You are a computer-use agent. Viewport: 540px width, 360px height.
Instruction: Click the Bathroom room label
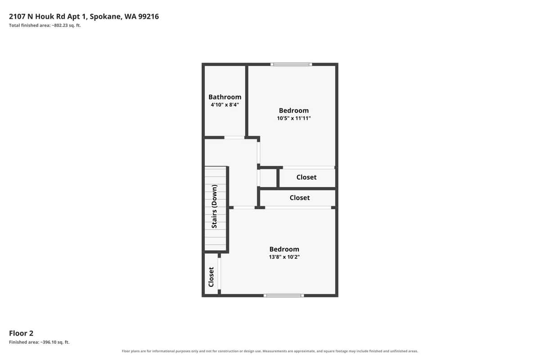225,97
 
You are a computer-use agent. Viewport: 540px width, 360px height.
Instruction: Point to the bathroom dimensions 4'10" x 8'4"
225,105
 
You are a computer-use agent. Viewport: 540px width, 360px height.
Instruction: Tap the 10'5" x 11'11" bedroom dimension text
293,118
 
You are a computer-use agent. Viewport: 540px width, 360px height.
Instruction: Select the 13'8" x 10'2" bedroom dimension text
284,257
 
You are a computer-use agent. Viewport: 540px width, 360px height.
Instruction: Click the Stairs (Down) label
214,207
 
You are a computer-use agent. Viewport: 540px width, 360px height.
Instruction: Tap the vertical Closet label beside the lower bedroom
211,277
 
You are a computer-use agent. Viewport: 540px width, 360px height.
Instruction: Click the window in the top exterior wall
291,64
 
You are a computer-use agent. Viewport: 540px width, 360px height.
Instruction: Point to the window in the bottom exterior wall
284,295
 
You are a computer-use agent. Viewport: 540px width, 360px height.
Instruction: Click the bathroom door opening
234,138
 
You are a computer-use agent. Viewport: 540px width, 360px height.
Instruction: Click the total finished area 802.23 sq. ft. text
45,25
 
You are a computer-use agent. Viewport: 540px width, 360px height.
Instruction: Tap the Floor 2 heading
21,333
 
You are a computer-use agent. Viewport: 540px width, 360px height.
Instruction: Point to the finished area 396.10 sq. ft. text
39,342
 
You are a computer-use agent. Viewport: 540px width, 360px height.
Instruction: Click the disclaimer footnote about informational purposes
270,351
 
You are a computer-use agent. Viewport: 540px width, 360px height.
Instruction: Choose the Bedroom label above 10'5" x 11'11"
293,110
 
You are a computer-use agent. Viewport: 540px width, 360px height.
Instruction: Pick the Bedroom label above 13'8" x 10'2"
284,249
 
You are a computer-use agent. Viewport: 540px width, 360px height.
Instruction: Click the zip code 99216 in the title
148,16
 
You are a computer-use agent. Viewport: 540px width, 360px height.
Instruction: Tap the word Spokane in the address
105,16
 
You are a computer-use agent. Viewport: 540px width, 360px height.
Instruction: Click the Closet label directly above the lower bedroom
300,198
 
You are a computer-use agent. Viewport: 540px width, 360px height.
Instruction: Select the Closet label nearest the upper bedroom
306,177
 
